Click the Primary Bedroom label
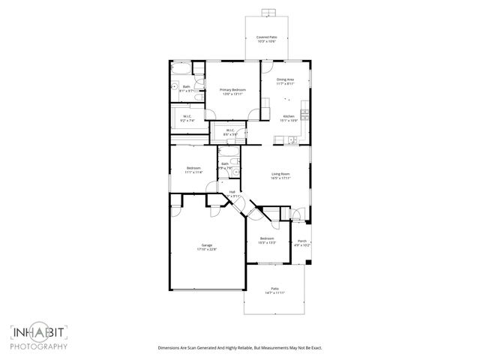pyautogui.click(x=233, y=89)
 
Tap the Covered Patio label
pyautogui.click(x=266, y=37)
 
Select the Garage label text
pyautogui.click(x=205, y=245)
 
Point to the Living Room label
pyautogui.click(x=281, y=175)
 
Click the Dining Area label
pyautogui.click(x=285, y=79)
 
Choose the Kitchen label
pyautogui.click(x=289, y=115)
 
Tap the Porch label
pyautogui.click(x=301, y=241)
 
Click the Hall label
pyautogui.click(x=232, y=192)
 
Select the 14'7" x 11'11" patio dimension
pyautogui.click(x=274, y=292)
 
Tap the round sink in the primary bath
pyautogui.click(x=175, y=87)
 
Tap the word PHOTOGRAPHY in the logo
pyautogui.click(x=39, y=346)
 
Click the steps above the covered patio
pyautogui.click(x=266, y=12)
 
